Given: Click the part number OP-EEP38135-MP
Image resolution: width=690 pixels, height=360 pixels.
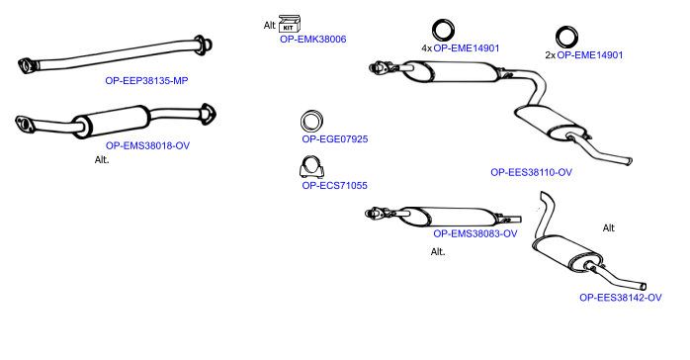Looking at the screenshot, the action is tap(146, 80).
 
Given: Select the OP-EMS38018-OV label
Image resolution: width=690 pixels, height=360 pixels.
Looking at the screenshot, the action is tap(147, 145).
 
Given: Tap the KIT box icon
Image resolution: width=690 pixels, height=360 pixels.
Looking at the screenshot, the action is tap(289, 24).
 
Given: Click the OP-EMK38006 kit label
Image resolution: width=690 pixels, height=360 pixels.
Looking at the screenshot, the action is tap(313, 40).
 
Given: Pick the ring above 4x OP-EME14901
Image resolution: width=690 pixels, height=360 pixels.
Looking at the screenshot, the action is tap(443, 31).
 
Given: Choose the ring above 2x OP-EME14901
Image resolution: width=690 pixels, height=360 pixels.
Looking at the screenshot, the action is tap(566, 37).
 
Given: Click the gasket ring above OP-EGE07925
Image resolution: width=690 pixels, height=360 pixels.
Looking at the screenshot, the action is tap(312, 121).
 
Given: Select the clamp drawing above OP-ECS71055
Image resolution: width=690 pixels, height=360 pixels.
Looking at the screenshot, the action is tap(311, 167).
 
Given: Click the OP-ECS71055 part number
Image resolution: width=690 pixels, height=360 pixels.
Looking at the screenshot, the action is tap(334, 186).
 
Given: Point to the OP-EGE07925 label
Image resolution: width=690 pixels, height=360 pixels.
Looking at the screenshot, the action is tap(335, 139).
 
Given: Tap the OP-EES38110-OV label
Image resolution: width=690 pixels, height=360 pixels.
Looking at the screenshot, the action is tap(531, 172).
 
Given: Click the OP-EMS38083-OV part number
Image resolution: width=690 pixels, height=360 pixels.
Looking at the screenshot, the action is tap(475, 233).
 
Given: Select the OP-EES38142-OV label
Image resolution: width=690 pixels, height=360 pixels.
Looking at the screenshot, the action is tap(621, 298).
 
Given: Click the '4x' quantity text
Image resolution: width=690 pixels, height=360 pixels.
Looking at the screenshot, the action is tap(426, 48).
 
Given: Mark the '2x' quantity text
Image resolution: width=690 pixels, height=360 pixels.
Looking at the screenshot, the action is tap(550, 55).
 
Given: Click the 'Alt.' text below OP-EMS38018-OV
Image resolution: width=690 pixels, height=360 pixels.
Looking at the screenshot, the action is tap(102, 160).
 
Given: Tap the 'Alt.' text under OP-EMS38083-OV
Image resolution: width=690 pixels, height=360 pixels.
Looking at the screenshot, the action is tap(438, 252).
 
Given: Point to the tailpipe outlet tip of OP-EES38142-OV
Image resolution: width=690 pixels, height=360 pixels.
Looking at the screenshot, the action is tap(644, 287).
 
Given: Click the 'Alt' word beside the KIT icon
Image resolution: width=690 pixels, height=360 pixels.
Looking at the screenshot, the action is tap(269, 25).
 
